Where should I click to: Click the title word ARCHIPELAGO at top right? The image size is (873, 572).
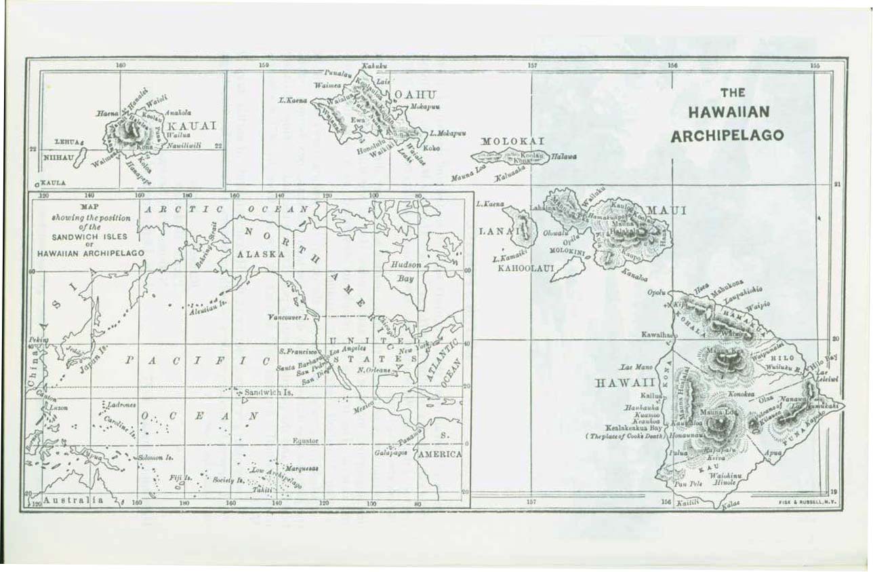727,135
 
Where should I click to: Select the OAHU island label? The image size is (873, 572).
415,94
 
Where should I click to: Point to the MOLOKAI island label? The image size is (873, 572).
512,141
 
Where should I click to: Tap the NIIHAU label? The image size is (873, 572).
59,157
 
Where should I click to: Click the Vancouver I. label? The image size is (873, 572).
288,317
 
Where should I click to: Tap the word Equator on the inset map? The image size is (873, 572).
305,440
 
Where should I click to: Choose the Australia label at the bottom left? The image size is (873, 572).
73,500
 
